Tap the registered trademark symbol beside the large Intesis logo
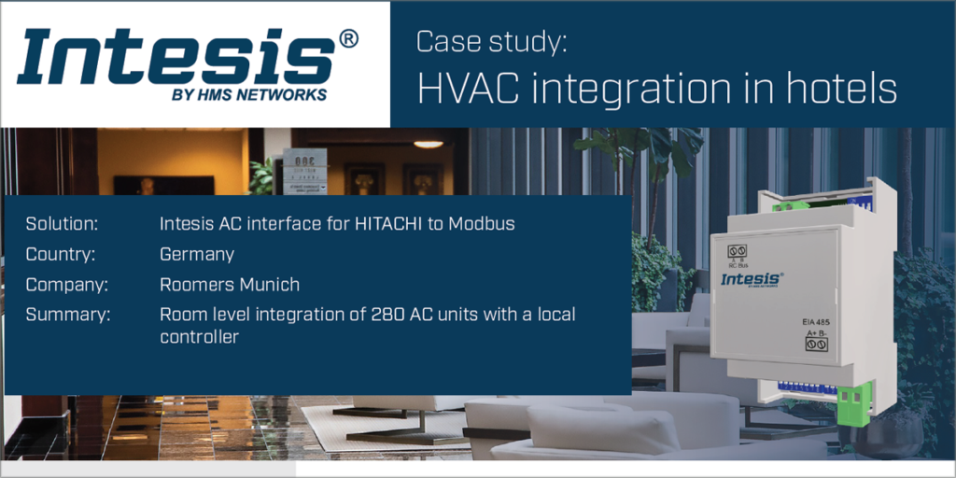[x=347, y=39]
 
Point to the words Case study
[x=491, y=42]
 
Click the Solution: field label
[x=63, y=224]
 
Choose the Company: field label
[x=67, y=284]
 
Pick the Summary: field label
[x=68, y=314]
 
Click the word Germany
[x=196, y=254]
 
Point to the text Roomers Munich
[x=230, y=284]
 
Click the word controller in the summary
[x=199, y=336]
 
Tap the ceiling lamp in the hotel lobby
[x=428, y=144]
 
